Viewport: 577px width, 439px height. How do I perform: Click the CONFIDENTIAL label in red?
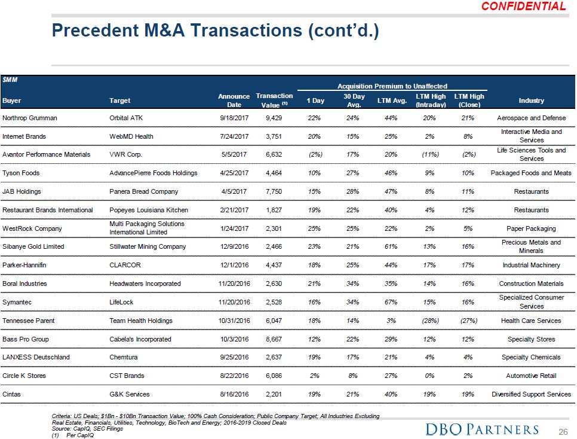coord(523,7)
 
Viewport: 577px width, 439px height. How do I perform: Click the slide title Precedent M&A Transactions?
coord(215,30)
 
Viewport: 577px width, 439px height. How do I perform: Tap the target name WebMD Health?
coord(131,136)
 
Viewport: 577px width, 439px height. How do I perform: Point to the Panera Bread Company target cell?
coord(144,191)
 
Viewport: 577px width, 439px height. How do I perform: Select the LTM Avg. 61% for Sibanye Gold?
coord(392,246)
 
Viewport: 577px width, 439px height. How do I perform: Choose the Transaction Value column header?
coord(274,100)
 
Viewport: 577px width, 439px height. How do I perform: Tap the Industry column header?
coord(531,100)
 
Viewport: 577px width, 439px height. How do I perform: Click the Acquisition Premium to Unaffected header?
coord(392,86)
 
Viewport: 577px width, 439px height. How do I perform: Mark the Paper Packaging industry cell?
coord(531,228)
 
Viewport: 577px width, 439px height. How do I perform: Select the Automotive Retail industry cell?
coord(531,376)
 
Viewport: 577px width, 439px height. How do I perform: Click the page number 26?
coord(562,431)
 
